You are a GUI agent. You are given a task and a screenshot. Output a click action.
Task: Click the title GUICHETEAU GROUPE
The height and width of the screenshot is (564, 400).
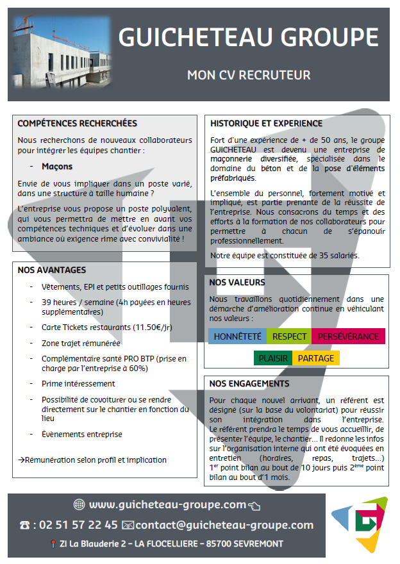(x=248, y=37)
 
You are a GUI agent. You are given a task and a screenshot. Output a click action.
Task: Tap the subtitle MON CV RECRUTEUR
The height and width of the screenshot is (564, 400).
(x=248, y=75)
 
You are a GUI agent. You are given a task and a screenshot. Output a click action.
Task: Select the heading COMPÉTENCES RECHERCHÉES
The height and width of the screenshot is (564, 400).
(x=77, y=124)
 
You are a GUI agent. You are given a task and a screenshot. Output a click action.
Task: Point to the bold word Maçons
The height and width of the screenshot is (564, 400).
(x=56, y=166)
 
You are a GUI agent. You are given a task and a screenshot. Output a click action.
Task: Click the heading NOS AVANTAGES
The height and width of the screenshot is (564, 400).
(x=52, y=270)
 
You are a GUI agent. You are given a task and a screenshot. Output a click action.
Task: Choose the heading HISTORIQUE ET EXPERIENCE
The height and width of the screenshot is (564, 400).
(x=266, y=123)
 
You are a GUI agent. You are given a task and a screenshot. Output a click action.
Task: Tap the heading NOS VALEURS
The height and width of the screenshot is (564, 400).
(x=237, y=282)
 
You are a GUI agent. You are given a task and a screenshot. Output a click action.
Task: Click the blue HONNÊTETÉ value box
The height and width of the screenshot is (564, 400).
(x=237, y=336)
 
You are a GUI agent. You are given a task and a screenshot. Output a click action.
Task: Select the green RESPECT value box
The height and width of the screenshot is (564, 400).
(x=289, y=336)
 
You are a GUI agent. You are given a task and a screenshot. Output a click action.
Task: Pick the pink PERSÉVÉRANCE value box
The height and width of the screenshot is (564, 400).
(x=348, y=336)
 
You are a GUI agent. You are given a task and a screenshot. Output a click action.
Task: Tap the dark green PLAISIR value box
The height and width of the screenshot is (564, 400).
(x=273, y=358)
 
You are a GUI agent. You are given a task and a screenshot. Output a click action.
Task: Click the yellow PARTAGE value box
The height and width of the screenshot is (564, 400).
(x=315, y=358)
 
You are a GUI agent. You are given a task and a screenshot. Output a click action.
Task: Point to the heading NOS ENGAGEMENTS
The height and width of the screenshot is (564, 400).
(x=249, y=383)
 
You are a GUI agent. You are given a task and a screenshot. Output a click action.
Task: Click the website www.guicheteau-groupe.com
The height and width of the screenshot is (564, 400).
(x=167, y=504)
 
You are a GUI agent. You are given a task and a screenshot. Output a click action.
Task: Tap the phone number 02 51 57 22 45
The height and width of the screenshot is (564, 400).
(x=78, y=525)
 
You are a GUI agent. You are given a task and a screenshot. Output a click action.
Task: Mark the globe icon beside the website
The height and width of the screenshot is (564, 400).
(x=79, y=504)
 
